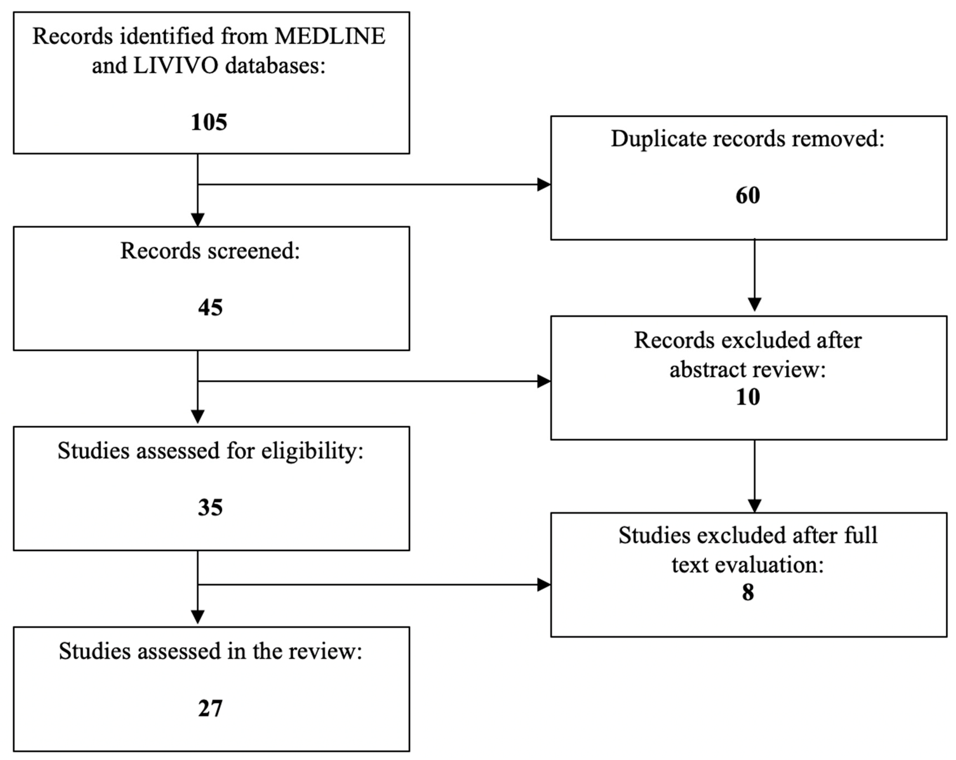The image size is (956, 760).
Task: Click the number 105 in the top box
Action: [209, 122]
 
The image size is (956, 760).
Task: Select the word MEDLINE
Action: [330, 36]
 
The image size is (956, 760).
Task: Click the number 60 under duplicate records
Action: [748, 195]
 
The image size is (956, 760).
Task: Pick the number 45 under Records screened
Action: [210, 308]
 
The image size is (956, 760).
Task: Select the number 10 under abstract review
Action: [748, 397]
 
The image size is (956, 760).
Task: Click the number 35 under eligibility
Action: [210, 507]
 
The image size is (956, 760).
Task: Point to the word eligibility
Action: [312, 452]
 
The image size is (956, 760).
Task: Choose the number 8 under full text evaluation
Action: [748, 593]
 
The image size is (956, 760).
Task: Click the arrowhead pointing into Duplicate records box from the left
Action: [544, 184]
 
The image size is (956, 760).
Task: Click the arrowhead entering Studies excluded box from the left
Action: [544, 585]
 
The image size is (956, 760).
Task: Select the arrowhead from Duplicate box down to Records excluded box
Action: [754, 304]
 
